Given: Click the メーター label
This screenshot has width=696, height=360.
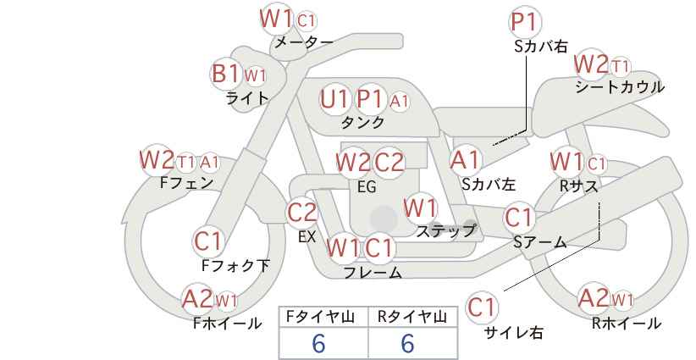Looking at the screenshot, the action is click(304, 42).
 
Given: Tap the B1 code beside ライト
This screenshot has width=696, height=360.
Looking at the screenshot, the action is click(226, 73).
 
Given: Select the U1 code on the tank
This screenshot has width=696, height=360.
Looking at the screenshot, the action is click(334, 99).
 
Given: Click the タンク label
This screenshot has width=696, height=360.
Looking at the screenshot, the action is click(362, 122).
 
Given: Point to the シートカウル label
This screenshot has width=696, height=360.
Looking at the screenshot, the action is click(620, 87).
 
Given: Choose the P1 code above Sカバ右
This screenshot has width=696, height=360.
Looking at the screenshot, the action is click(526, 22).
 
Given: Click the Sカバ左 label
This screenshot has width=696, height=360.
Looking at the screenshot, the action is click(489, 184).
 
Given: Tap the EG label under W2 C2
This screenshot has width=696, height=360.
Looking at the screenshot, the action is click(367, 187).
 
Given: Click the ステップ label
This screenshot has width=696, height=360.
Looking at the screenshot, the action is click(445, 231).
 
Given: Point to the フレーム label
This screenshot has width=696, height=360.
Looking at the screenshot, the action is click(373, 273).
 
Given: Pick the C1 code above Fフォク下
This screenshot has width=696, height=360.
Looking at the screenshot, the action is click(207, 241).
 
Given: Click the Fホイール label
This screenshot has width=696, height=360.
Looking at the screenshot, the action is click(227, 324).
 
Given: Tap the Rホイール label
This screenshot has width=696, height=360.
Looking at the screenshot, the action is click(627, 324).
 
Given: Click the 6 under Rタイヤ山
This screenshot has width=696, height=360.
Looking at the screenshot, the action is click(407, 343).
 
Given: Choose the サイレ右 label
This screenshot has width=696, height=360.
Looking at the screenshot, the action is click(514, 333).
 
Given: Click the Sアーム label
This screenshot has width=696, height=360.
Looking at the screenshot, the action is click(539, 242).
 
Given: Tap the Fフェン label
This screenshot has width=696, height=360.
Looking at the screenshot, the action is click(186, 183).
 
